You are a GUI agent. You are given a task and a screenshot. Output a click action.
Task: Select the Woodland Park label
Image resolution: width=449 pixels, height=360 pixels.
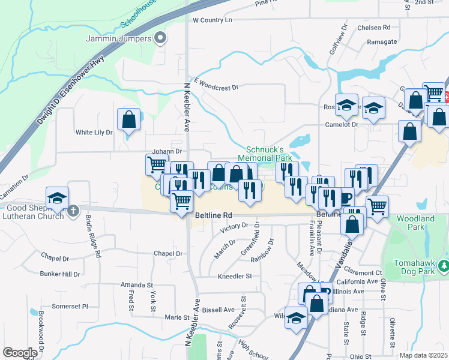point(415,223)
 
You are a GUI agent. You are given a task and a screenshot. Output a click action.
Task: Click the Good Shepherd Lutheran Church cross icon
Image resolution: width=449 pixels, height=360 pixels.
point(73,211)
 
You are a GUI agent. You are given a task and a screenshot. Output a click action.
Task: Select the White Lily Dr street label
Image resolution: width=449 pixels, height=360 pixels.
point(94,132)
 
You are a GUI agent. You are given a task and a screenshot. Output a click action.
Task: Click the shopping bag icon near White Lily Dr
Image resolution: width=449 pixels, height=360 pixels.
point(128,119)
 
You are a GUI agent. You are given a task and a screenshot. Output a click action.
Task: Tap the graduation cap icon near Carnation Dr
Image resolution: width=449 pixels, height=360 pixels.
point(58,198)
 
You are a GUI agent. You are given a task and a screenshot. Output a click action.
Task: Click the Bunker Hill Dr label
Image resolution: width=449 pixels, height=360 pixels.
point(60,274)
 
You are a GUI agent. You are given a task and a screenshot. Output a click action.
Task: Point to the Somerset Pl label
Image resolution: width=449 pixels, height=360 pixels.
point(70,306)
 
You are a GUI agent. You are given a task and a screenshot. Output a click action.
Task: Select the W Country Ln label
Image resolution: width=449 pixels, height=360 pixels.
point(212,20)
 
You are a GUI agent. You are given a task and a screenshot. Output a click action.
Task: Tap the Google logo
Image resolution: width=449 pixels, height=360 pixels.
point(20,353)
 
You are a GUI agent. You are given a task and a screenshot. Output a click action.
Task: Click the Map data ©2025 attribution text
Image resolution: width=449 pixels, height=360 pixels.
point(423,355)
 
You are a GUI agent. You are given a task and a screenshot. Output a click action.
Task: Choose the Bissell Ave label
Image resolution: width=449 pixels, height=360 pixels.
point(218,310)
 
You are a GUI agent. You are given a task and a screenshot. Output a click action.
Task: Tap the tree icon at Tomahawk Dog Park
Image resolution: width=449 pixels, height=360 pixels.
point(444,265)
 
